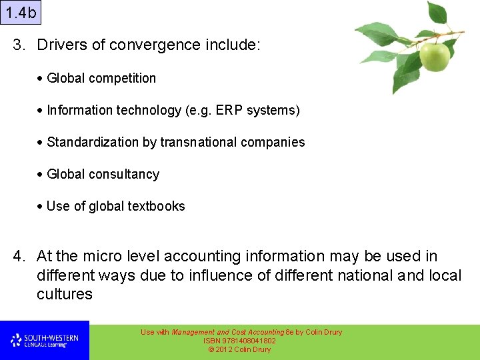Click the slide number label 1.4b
point(21,12)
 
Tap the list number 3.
point(19,45)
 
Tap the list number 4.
point(19,256)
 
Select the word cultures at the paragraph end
point(65,294)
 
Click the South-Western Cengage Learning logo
point(45,341)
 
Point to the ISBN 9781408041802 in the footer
point(240,341)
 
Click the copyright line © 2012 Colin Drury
point(240,349)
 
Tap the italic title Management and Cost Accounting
point(227,332)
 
